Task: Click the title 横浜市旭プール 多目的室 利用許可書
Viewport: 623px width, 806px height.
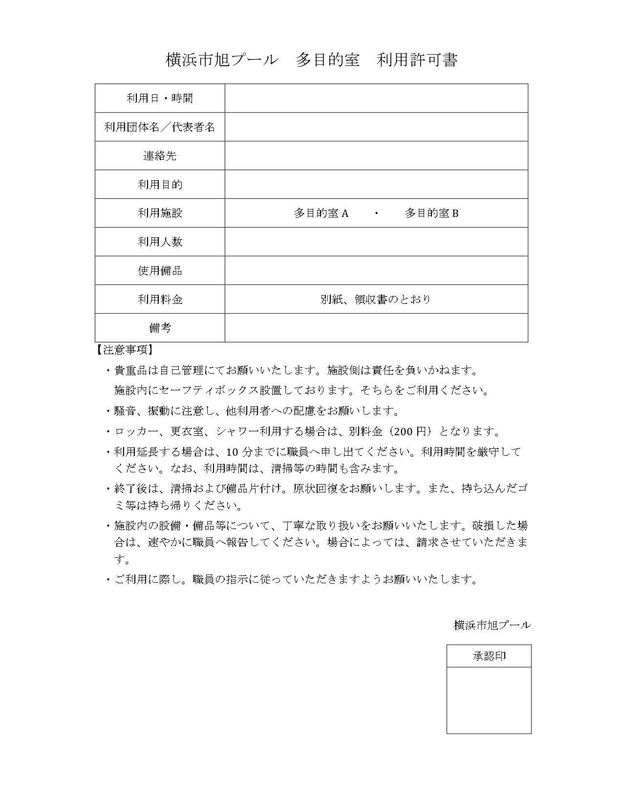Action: (311, 60)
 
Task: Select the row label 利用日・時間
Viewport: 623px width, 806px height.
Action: (160, 98)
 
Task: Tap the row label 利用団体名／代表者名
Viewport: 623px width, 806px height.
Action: (160, 127)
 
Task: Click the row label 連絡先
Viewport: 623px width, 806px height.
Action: (160, 156)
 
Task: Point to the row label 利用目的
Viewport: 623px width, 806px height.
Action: (160, 185)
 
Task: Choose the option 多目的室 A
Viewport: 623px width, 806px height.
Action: (321, 213)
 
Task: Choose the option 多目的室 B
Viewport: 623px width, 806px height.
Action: (431, 213)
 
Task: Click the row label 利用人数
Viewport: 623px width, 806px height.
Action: (160, 242)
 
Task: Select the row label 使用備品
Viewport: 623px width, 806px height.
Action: (160, 271)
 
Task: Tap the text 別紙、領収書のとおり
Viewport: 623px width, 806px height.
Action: (376, 299)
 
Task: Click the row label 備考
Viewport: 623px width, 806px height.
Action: (160, 328)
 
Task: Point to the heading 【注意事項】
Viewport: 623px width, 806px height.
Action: (125, 350)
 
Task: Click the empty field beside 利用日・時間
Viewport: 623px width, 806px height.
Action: (376, 98)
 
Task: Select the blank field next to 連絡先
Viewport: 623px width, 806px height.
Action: (376, 156)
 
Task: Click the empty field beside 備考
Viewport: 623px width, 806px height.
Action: (376, 328)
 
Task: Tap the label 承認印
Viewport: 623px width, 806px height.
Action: (489, 656)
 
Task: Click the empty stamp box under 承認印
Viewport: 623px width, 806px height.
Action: (489, 700)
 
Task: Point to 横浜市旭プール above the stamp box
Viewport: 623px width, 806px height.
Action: (492, 625)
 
